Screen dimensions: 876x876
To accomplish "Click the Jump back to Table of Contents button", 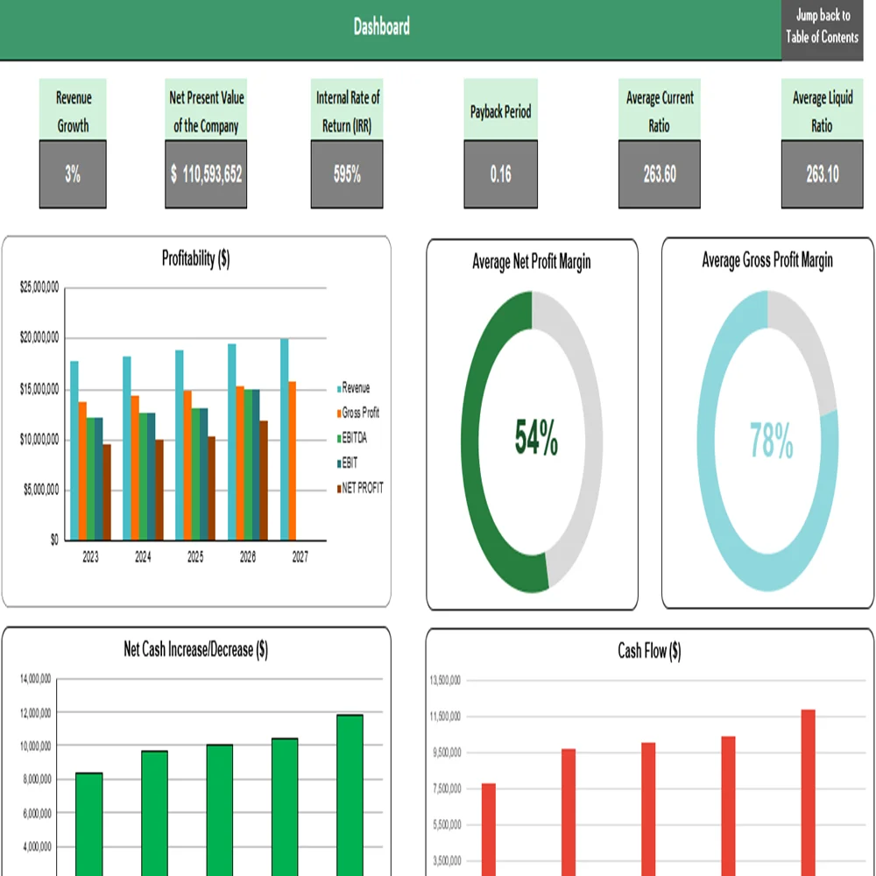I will [822, 27].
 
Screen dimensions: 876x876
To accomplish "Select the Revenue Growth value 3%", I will [73, 174].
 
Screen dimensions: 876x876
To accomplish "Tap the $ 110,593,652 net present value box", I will [207, 174].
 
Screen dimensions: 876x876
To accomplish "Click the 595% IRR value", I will [347, 174].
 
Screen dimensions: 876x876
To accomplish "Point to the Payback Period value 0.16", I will [500, 174].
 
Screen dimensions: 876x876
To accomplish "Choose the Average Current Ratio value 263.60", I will [660, 174].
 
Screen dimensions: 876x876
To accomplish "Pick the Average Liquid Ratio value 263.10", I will [822, 174].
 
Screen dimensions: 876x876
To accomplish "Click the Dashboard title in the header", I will [381, 27].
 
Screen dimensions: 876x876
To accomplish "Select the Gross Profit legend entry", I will [359, 413].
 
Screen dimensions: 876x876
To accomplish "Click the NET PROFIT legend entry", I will [362, 488].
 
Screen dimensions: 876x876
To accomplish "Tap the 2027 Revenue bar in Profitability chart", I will [285, 438].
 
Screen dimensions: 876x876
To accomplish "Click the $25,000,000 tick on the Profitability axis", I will [39, 287].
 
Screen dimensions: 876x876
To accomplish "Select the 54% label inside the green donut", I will [536, 439].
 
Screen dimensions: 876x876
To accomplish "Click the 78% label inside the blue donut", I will [772, 441].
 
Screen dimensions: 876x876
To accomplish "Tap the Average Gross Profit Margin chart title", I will [767, 260].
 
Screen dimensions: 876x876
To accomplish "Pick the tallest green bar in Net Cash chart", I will [350, 793].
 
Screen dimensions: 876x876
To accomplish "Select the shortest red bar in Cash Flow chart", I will [489, 828].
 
